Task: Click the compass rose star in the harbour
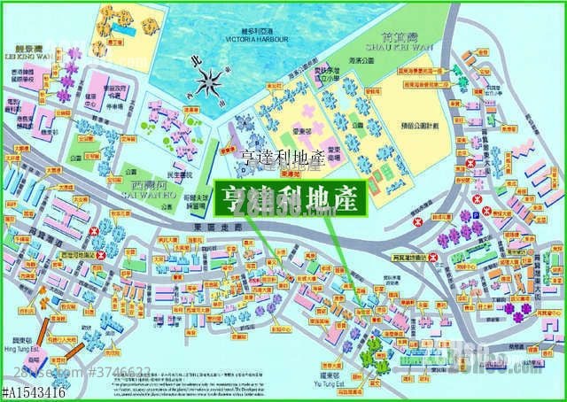point(211,85)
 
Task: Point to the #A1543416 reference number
point(35,390)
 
